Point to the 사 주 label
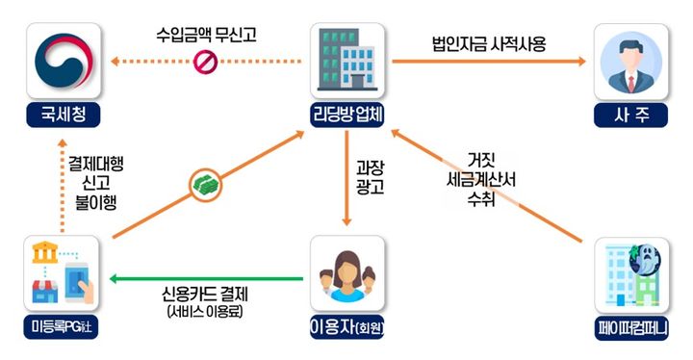630,117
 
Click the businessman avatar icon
630,61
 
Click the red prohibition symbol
203,63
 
